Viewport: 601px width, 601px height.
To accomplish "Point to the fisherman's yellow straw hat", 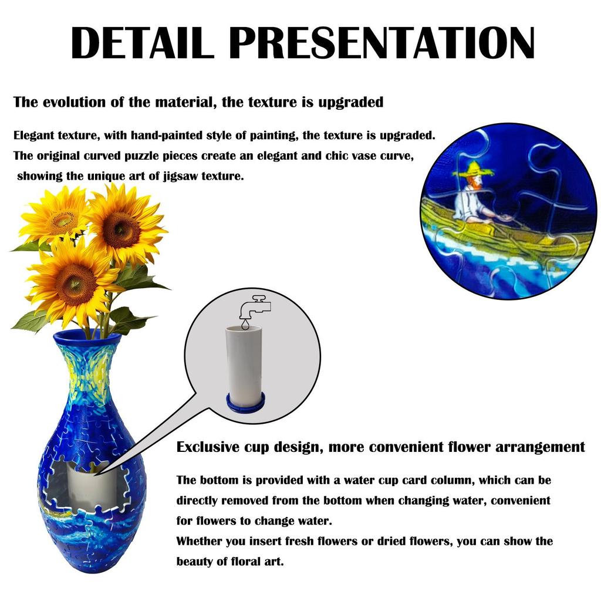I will (x=472, y=170).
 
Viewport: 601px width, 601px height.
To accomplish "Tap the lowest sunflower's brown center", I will (x=74, y=283).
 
